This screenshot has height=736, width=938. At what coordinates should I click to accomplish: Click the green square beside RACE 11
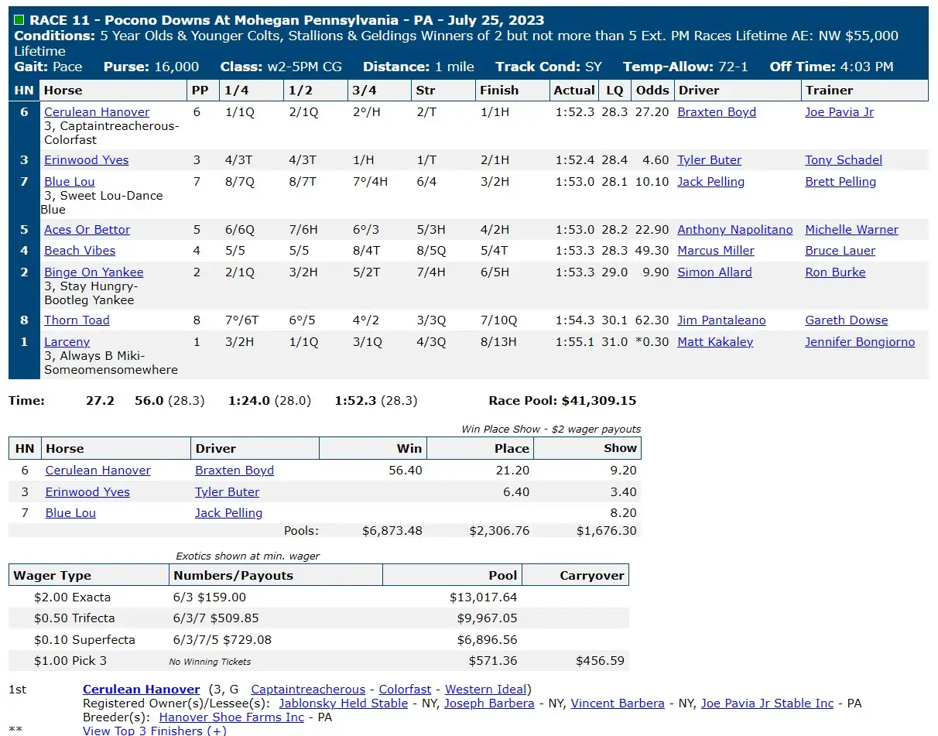[x=19, y=20]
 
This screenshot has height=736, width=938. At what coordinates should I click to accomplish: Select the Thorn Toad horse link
[x=77, y=320]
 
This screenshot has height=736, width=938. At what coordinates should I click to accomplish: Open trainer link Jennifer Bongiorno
[x=860, y=342]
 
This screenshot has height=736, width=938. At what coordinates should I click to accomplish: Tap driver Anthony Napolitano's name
[x=734, y=230]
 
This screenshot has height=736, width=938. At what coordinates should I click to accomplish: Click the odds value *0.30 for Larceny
[x=652, y=342]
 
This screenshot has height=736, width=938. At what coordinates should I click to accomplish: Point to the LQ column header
[x=614, y=91]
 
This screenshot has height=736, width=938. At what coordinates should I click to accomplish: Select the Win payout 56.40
[x=406, y=470]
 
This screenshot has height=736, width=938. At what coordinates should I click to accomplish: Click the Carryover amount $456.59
[x=600, y=660]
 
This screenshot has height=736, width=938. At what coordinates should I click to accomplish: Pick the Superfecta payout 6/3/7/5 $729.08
[x=222, y=639]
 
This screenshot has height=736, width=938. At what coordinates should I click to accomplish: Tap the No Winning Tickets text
[x=210, y=662]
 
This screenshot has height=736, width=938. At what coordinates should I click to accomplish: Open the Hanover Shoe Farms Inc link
[x=231, y=717]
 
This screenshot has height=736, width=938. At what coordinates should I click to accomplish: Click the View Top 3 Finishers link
[x=155, y=731]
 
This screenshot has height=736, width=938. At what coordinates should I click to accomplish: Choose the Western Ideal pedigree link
[x=485, y=690]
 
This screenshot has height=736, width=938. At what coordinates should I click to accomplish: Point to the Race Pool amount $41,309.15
[x=599, y=401]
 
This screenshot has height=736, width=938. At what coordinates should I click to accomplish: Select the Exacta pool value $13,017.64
[x=484, y=597]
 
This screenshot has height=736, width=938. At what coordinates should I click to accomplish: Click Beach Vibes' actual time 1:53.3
[x=574, y=251]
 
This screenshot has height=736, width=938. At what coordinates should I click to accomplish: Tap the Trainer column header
[x=829, y=91]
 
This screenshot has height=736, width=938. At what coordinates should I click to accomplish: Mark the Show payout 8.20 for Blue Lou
[x=623, y=513]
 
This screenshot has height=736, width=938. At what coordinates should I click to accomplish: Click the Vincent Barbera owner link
[x=618, y=703]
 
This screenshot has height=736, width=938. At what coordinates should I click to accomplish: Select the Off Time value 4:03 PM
[x=867, y=67]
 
